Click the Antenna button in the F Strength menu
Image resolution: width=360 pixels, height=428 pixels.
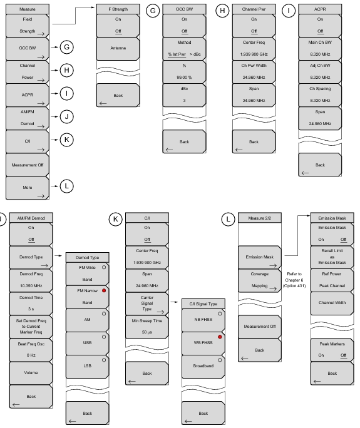[118, 48]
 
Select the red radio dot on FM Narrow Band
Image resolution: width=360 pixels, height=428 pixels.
[104, 291]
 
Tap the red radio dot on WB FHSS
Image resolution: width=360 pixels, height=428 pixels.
[220, 337]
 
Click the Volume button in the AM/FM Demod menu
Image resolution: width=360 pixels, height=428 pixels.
[31, 373]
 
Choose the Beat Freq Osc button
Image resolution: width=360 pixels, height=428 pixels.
[31, 350]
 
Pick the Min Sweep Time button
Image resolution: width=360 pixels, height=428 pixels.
[147, 327]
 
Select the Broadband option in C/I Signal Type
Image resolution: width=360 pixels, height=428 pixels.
[203, 366]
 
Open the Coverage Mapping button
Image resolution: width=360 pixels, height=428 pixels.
[259, 280]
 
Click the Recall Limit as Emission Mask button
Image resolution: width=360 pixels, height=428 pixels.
[332, 257]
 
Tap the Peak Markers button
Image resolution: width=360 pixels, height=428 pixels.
[332, 350]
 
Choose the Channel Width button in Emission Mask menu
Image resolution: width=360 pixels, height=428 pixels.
[332, 303]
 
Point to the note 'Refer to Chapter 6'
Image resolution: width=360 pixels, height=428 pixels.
[294, 277]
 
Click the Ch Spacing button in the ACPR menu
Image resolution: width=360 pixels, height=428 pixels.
[320, 94]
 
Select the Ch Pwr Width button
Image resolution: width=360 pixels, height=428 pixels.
[254, 71]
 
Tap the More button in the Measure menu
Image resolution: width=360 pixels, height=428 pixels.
[28, 188]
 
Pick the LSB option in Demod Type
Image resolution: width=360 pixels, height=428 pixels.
[88, 366]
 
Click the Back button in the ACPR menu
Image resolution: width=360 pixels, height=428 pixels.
[320, 165]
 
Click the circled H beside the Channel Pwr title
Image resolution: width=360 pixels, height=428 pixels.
[222, 11]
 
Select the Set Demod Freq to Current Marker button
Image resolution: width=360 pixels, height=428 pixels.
[31, 327]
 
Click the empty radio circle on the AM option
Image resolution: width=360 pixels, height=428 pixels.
[104, 314]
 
